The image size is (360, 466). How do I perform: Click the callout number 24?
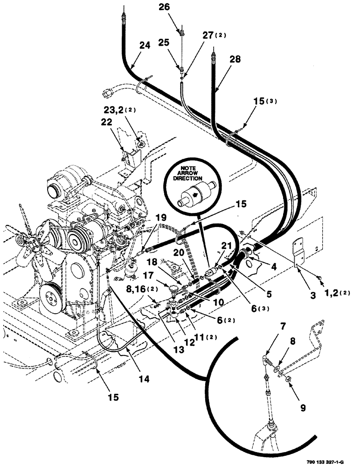pyautogui.click(x=145, y=46)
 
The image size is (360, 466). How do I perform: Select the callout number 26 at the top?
pyautogui.click(x=178, y=7)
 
